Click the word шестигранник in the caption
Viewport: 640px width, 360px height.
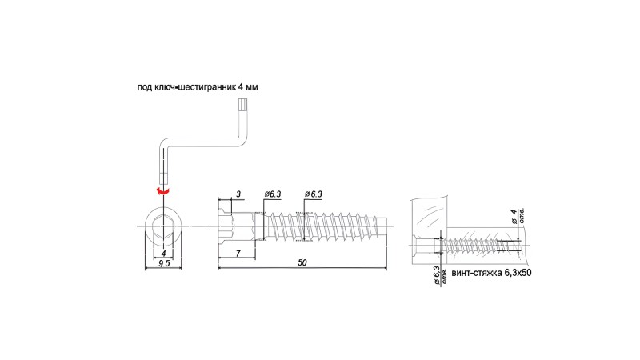pyautogui.click(x=209, y=87)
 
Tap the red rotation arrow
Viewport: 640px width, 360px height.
pyautogui.click(x=163, y=191)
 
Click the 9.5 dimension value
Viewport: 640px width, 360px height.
pyautogui.click(x=164, y=263)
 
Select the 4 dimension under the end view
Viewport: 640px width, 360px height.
pyautogui.click(x=164, y=254)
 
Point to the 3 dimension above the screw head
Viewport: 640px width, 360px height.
pyautogui.click(x=238, y=194)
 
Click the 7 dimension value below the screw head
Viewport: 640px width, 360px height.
pyautogui.click(x=238, y=254)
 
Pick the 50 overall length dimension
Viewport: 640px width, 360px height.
pyautogui.click(x=302, y=262)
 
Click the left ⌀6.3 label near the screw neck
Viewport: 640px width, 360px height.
pyautogui.click(x=273, y=194)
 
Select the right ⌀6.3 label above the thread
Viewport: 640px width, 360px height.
pyautogui.click(x=313, y=194)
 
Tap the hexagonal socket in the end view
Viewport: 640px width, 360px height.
pyautogui.click(x=163, y=226)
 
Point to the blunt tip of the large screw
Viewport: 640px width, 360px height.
pyautogui.click(x=384, y=226)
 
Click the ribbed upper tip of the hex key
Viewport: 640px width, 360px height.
pyautogui.click(x=242, y=106)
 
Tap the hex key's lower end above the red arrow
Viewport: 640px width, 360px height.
pyautogui.click(x=163, y=178)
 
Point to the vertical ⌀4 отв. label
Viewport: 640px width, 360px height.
pyautogui.click(x=518, y=216)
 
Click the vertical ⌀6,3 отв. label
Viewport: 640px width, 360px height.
pyautogui.click(x=440, y=275)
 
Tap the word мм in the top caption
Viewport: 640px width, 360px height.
pyautogui.click(x=252, y=87)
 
